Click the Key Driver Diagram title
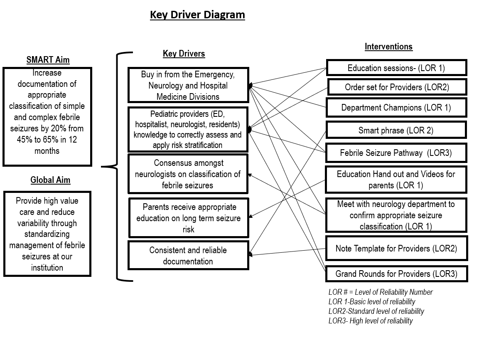coord(198,15)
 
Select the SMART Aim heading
coord(48,59)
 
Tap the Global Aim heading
coord(50,180)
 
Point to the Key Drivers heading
coord(184,54)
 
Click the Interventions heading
coord(388,47)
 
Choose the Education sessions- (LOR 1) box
coord(396,68)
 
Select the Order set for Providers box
coord(397,87)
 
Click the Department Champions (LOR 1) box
coord(396,107)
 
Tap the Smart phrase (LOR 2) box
coord(396,130)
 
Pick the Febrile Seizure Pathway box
coord(396,153)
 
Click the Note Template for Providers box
coord(396,248)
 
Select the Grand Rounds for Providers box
coord(397,274)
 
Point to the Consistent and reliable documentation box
coord(188,256)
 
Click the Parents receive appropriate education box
coord(189,218)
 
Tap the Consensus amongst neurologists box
coord(188,174)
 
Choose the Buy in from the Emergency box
coord(188,85)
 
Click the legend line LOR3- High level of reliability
coord(371,321)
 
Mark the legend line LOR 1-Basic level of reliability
coord(372,302)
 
